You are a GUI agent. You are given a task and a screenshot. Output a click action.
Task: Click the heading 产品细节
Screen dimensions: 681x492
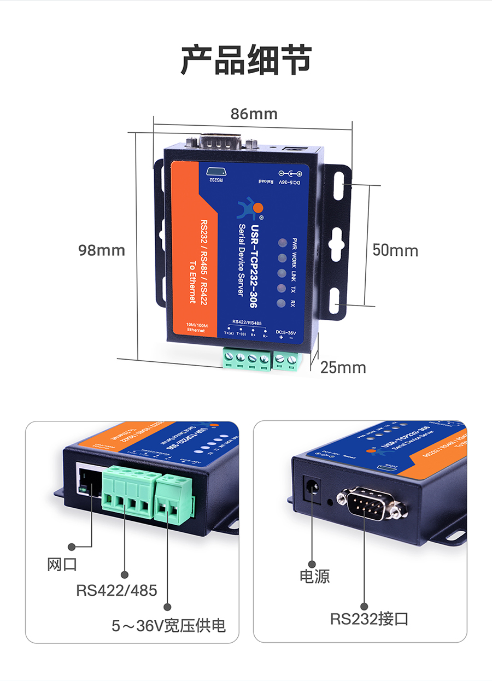point(246,60)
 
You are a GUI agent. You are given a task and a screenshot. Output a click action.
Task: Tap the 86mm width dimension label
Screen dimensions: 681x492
point(254,114)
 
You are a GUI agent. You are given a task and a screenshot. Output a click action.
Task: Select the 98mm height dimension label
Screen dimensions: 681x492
point(102,250)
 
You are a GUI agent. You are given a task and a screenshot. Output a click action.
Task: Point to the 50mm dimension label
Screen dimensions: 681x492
point(395,250)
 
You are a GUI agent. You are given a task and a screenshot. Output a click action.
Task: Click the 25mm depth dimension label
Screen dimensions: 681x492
point(343,367)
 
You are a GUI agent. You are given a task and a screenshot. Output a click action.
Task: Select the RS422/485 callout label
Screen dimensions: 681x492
point(116,590)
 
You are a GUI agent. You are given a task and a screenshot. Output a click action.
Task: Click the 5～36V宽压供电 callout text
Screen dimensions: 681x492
point(168,625)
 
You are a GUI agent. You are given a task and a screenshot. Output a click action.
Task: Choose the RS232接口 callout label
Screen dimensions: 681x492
point(369,619)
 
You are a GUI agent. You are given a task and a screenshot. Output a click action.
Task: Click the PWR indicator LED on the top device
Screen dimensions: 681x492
point(282,243)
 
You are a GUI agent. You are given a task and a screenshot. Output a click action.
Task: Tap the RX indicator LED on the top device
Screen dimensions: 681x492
point(281,304)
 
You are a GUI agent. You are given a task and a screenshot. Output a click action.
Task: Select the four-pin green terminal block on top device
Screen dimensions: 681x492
point(247,360)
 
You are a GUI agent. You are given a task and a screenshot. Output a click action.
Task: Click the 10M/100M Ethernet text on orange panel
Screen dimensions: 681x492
point(195,327)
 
